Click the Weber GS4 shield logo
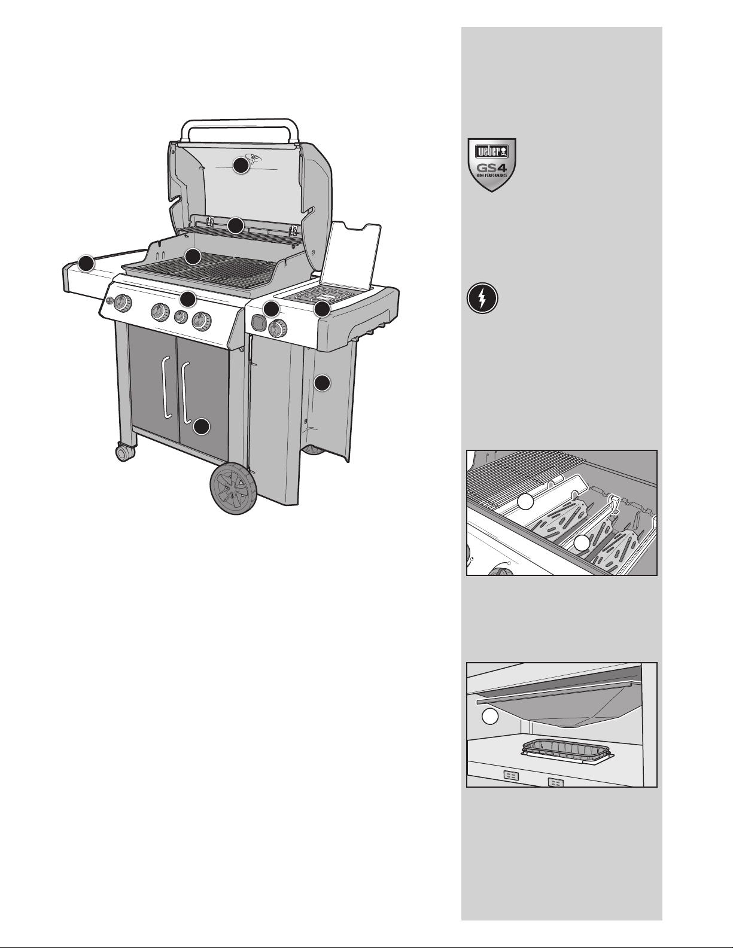(x=492, y=165)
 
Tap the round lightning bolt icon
(x=482, y=298)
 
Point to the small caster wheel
(x=125, y=452)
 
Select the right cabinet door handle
(x=186, y=392)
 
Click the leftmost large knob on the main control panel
(x=123, y=303)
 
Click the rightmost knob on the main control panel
(x=202, y=322)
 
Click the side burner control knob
(x=278, y=328)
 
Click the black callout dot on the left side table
(x=86, y=264)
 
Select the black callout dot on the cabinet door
(x=201, y=426)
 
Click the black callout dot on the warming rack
(x=236, y=225)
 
